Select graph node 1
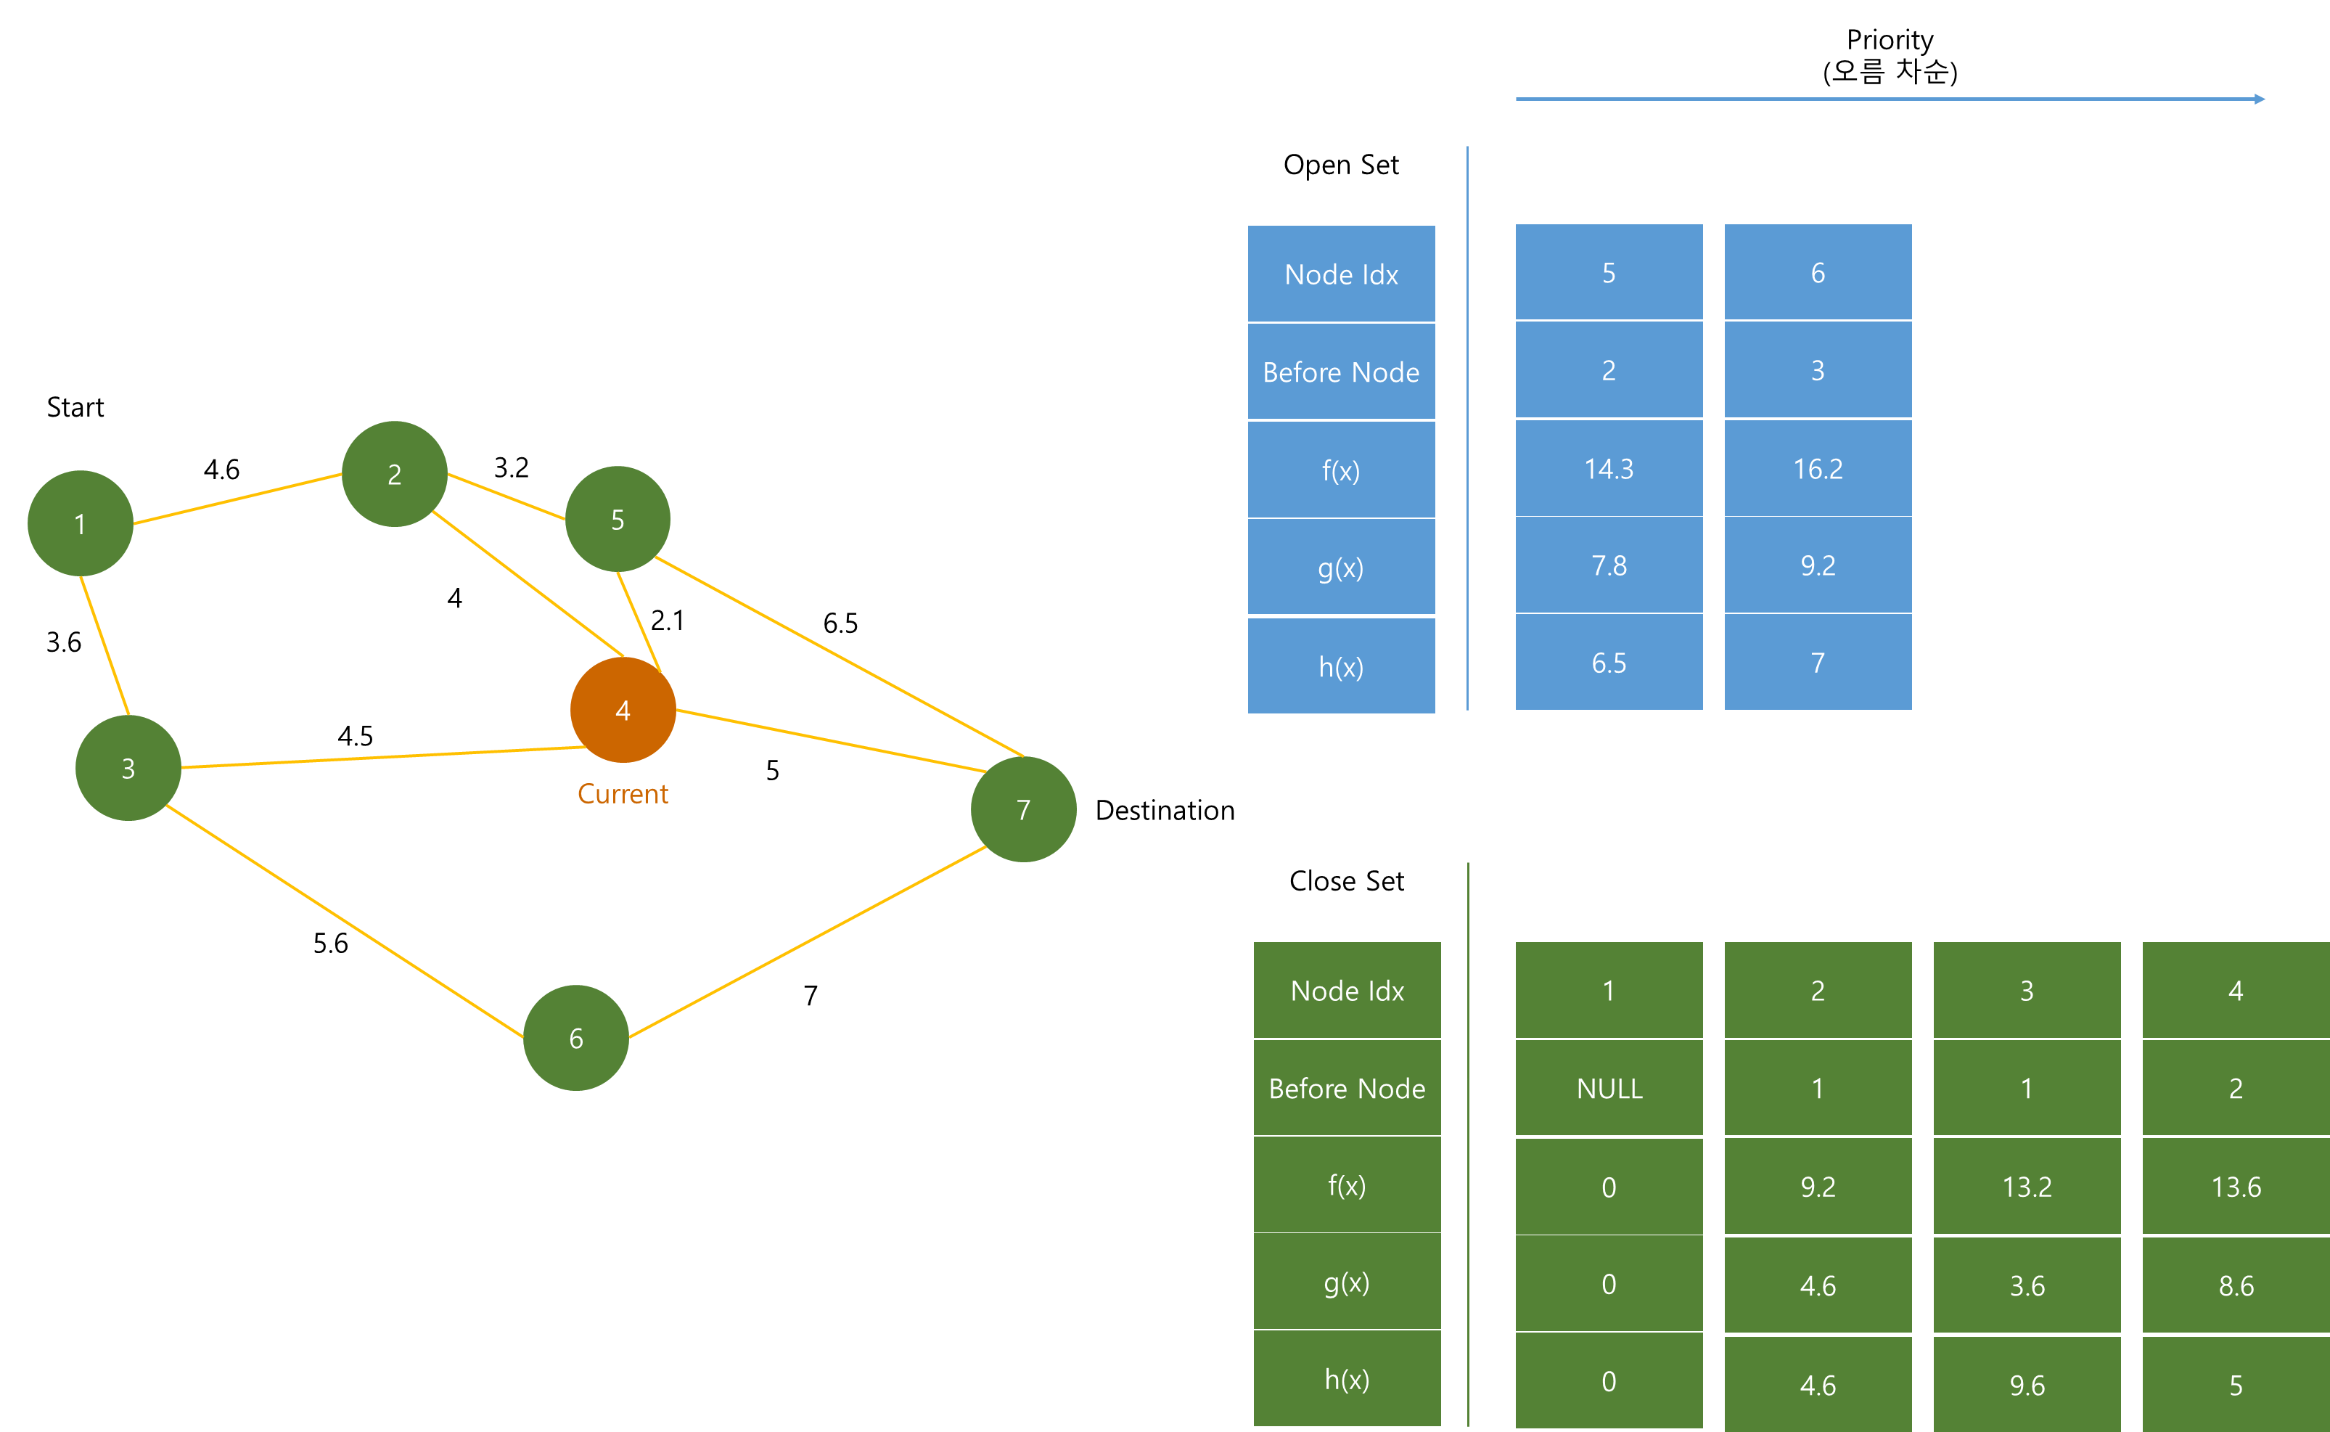(x=81, y=524)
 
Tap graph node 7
(x=1023, y=810)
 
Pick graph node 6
(x=575, y=1038)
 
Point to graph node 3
(x=128, y=768)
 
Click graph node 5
(x=618, y=519)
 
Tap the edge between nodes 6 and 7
(x=807, y=941)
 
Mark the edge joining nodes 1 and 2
(x=237, y=499)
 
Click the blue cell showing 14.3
(x=1609, y=469)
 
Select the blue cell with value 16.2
(x=1818, y=469)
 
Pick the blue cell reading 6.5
(x=1609, y=663)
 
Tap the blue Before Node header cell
(x=1341, y=372)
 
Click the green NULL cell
(x=1609, y=1088)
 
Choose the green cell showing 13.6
(x=2236, y=1187)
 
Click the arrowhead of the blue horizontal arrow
(x=2259, y=99)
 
